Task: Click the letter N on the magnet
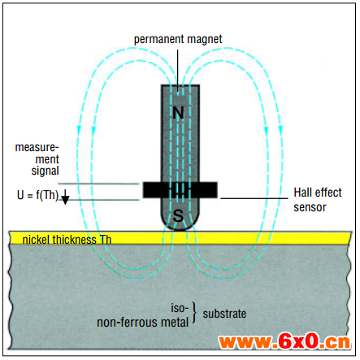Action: [x=178, y=113]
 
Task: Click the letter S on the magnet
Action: [x=178, y=216]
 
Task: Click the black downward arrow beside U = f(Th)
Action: [x=65, y=197]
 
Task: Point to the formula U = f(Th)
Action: [x=37, y=195]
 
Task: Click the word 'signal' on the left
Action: [x=45, y=171]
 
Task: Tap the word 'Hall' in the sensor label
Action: [x=301, y=193]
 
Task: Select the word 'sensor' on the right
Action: [x=310, y=207]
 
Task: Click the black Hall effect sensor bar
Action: [x=180, y=190]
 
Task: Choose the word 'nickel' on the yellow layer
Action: [x=36, y=240]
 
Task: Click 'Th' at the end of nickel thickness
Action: [x=106, y=240]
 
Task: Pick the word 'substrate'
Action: [x=224, y=314]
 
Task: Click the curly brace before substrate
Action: [x=194, y=313]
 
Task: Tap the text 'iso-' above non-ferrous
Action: [x=180, y=308]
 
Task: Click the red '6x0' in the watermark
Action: [x=298, y=342]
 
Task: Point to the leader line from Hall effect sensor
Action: [x=254, y=198]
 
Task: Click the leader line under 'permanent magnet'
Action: [x=178, y=71]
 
